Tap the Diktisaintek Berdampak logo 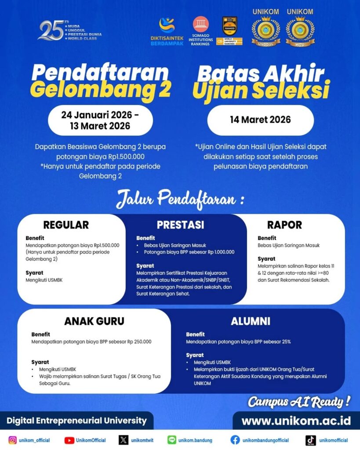167,31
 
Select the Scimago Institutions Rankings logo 201,31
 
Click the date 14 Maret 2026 260,120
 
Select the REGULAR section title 66,225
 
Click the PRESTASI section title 180,225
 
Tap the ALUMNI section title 251,321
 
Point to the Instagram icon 13,440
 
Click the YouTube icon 69,440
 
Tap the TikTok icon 311,440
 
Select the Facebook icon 235,440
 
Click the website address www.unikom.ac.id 296,421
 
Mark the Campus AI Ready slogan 299,401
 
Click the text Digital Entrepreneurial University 76,421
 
